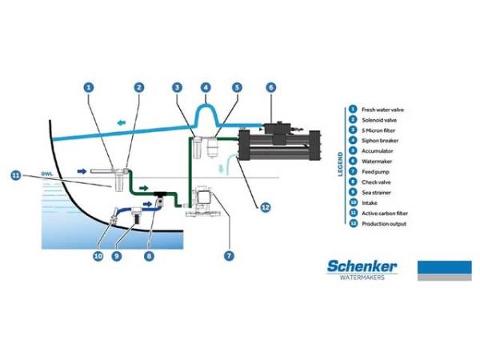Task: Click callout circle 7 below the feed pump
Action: pos(229,256)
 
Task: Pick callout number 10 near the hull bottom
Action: pos(98,256)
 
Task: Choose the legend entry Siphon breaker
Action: pos(379,140)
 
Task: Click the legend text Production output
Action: pos(384,224)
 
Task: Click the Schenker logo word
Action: pos(362,266)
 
